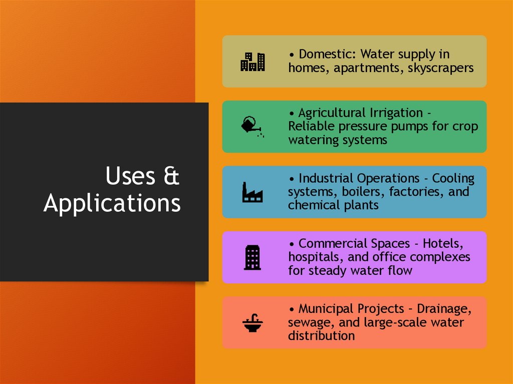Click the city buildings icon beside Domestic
[x=252, y=62]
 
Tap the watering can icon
[x=252, y=126]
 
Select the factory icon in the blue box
[x=252, y=192]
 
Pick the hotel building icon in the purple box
[x=252, y=257]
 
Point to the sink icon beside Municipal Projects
[x=252, y=322]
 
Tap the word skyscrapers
[x=440, y=68]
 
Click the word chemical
[x=311, y=205]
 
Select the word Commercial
[x=333, y=244]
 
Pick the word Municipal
[x=326, y=309]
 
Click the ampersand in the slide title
[x=171, y=177]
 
